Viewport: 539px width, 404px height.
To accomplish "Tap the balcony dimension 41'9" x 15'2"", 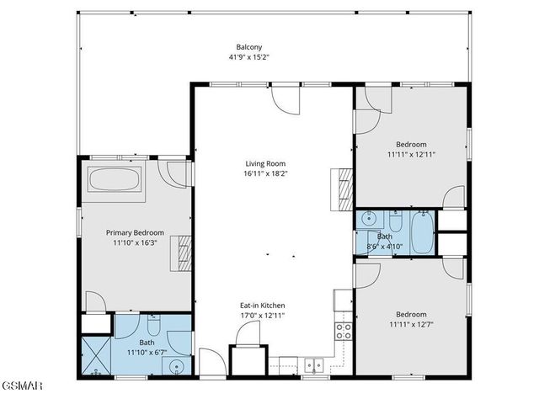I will coord(248,57).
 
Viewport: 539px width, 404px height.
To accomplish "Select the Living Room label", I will coord(265,163).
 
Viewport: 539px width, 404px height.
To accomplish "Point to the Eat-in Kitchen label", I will coord(263,305).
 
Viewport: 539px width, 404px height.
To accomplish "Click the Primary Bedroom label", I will coord(135,232).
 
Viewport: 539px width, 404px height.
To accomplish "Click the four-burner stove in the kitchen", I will coord(344,330).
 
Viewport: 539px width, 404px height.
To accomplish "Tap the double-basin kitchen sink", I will coord(312,365).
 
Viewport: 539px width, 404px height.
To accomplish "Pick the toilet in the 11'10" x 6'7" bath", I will coord(154,325).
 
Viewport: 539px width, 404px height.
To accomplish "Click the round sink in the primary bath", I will coord(174,365).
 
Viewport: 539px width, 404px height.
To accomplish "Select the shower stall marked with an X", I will coord(96,355).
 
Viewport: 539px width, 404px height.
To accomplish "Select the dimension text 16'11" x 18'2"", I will coord(265,174).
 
